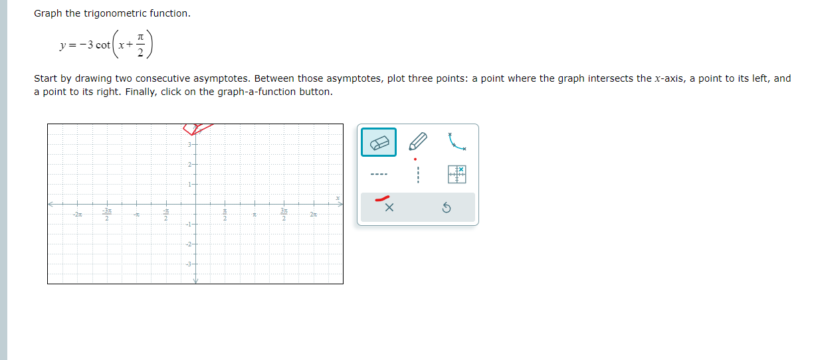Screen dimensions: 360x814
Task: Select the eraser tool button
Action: (379, 142)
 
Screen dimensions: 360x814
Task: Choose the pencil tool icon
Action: (417, 142)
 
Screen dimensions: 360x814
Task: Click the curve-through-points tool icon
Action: (457, 141)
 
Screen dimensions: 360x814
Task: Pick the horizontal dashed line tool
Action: (379, 176)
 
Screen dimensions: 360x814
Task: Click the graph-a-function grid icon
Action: (457, 175)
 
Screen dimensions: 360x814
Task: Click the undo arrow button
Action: (447, 209)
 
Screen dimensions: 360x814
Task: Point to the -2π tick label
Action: (78, 214)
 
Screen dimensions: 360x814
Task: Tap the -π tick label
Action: (136, 214)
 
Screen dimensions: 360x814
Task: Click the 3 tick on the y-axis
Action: (189, 145)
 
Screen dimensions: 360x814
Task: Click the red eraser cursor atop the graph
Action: (197, 128)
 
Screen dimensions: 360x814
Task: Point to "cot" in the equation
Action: (103, 45)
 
